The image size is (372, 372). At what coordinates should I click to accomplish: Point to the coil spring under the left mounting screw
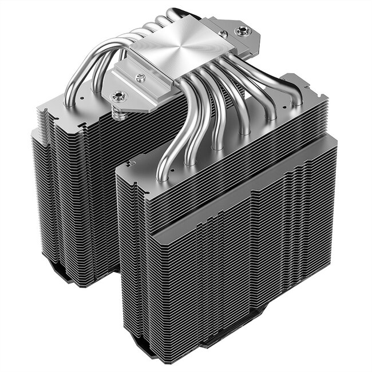point(120,114)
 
